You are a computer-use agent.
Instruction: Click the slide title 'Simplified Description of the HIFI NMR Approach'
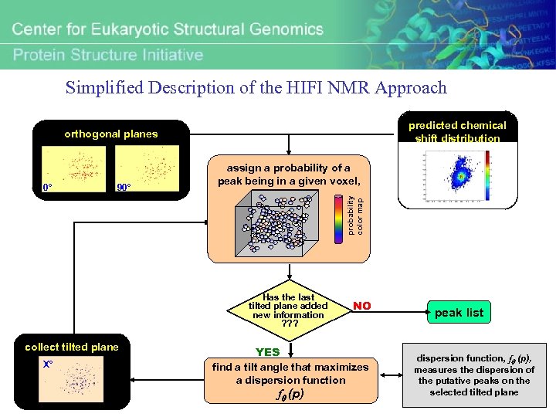pos(256,87)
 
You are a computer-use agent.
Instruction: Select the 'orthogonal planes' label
pos(110,134)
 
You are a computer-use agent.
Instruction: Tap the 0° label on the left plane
pos(48,188)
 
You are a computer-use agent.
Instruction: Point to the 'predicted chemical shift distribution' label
pos(457,131)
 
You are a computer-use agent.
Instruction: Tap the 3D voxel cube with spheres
pos(279,224)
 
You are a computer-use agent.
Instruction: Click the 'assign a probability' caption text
pos(287,175)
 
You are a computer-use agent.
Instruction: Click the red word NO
pos(361,306)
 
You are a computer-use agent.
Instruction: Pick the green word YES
pos(268,352)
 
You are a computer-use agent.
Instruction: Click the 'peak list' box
pos(459,312)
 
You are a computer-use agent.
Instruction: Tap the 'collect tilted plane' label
pos(72,347)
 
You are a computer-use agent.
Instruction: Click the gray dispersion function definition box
pos(474,375)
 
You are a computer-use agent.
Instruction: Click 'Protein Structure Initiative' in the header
pos(108,55)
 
